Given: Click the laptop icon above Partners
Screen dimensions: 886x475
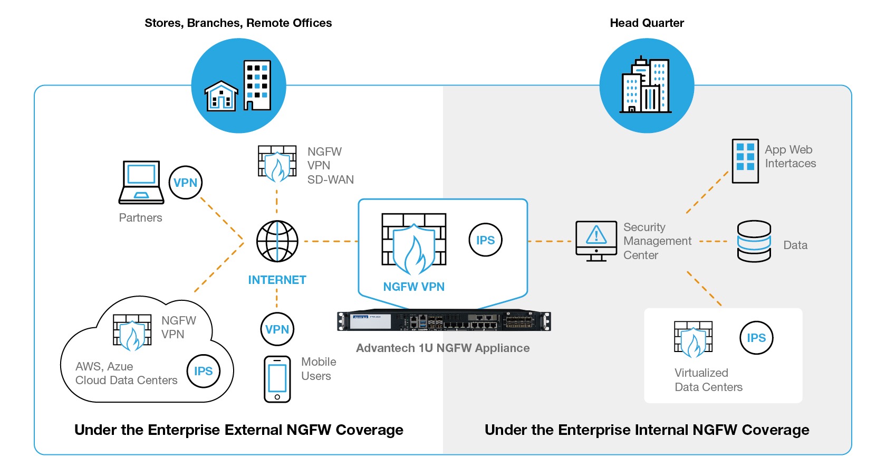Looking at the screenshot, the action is click(x=141, y=182).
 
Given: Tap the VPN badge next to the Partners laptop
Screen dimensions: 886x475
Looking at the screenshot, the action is click(x=186, y=183).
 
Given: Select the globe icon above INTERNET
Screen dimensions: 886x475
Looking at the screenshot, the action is click(x=277, y=241).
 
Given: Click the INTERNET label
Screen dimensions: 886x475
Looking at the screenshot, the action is click(x=277, y=280).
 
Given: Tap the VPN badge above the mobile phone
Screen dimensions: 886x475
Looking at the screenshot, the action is click(x=277, y=329).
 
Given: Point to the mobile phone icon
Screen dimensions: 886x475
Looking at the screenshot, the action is click(x=277, y=379).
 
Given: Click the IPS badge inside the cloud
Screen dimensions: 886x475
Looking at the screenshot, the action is click(x=204, y=371).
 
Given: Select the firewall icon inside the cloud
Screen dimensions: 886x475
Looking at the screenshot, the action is click(x=132, y=332).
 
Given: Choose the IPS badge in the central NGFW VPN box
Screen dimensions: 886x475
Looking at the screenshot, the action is click(x=485, y=240).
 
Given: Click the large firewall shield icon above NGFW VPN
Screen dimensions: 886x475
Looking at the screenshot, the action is click(x=413, y=244).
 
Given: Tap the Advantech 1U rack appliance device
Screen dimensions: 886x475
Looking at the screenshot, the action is click(x=444, y=321).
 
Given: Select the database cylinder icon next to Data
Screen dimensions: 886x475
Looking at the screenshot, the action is click(x=754, y=241).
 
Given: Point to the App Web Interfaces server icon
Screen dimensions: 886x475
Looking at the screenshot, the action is click(x=745, y=160).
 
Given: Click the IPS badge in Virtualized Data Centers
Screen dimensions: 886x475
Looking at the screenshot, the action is click(x=756, y=338).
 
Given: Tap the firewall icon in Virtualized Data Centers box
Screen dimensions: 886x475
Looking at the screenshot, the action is click(x=693, y=339).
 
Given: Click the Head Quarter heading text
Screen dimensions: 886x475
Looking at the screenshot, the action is click(x=647, y=23).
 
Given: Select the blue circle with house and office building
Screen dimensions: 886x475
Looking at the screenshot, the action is click(x=238, y=85).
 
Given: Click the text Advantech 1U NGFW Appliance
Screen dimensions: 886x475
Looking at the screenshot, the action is click(x=442, y=348).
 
